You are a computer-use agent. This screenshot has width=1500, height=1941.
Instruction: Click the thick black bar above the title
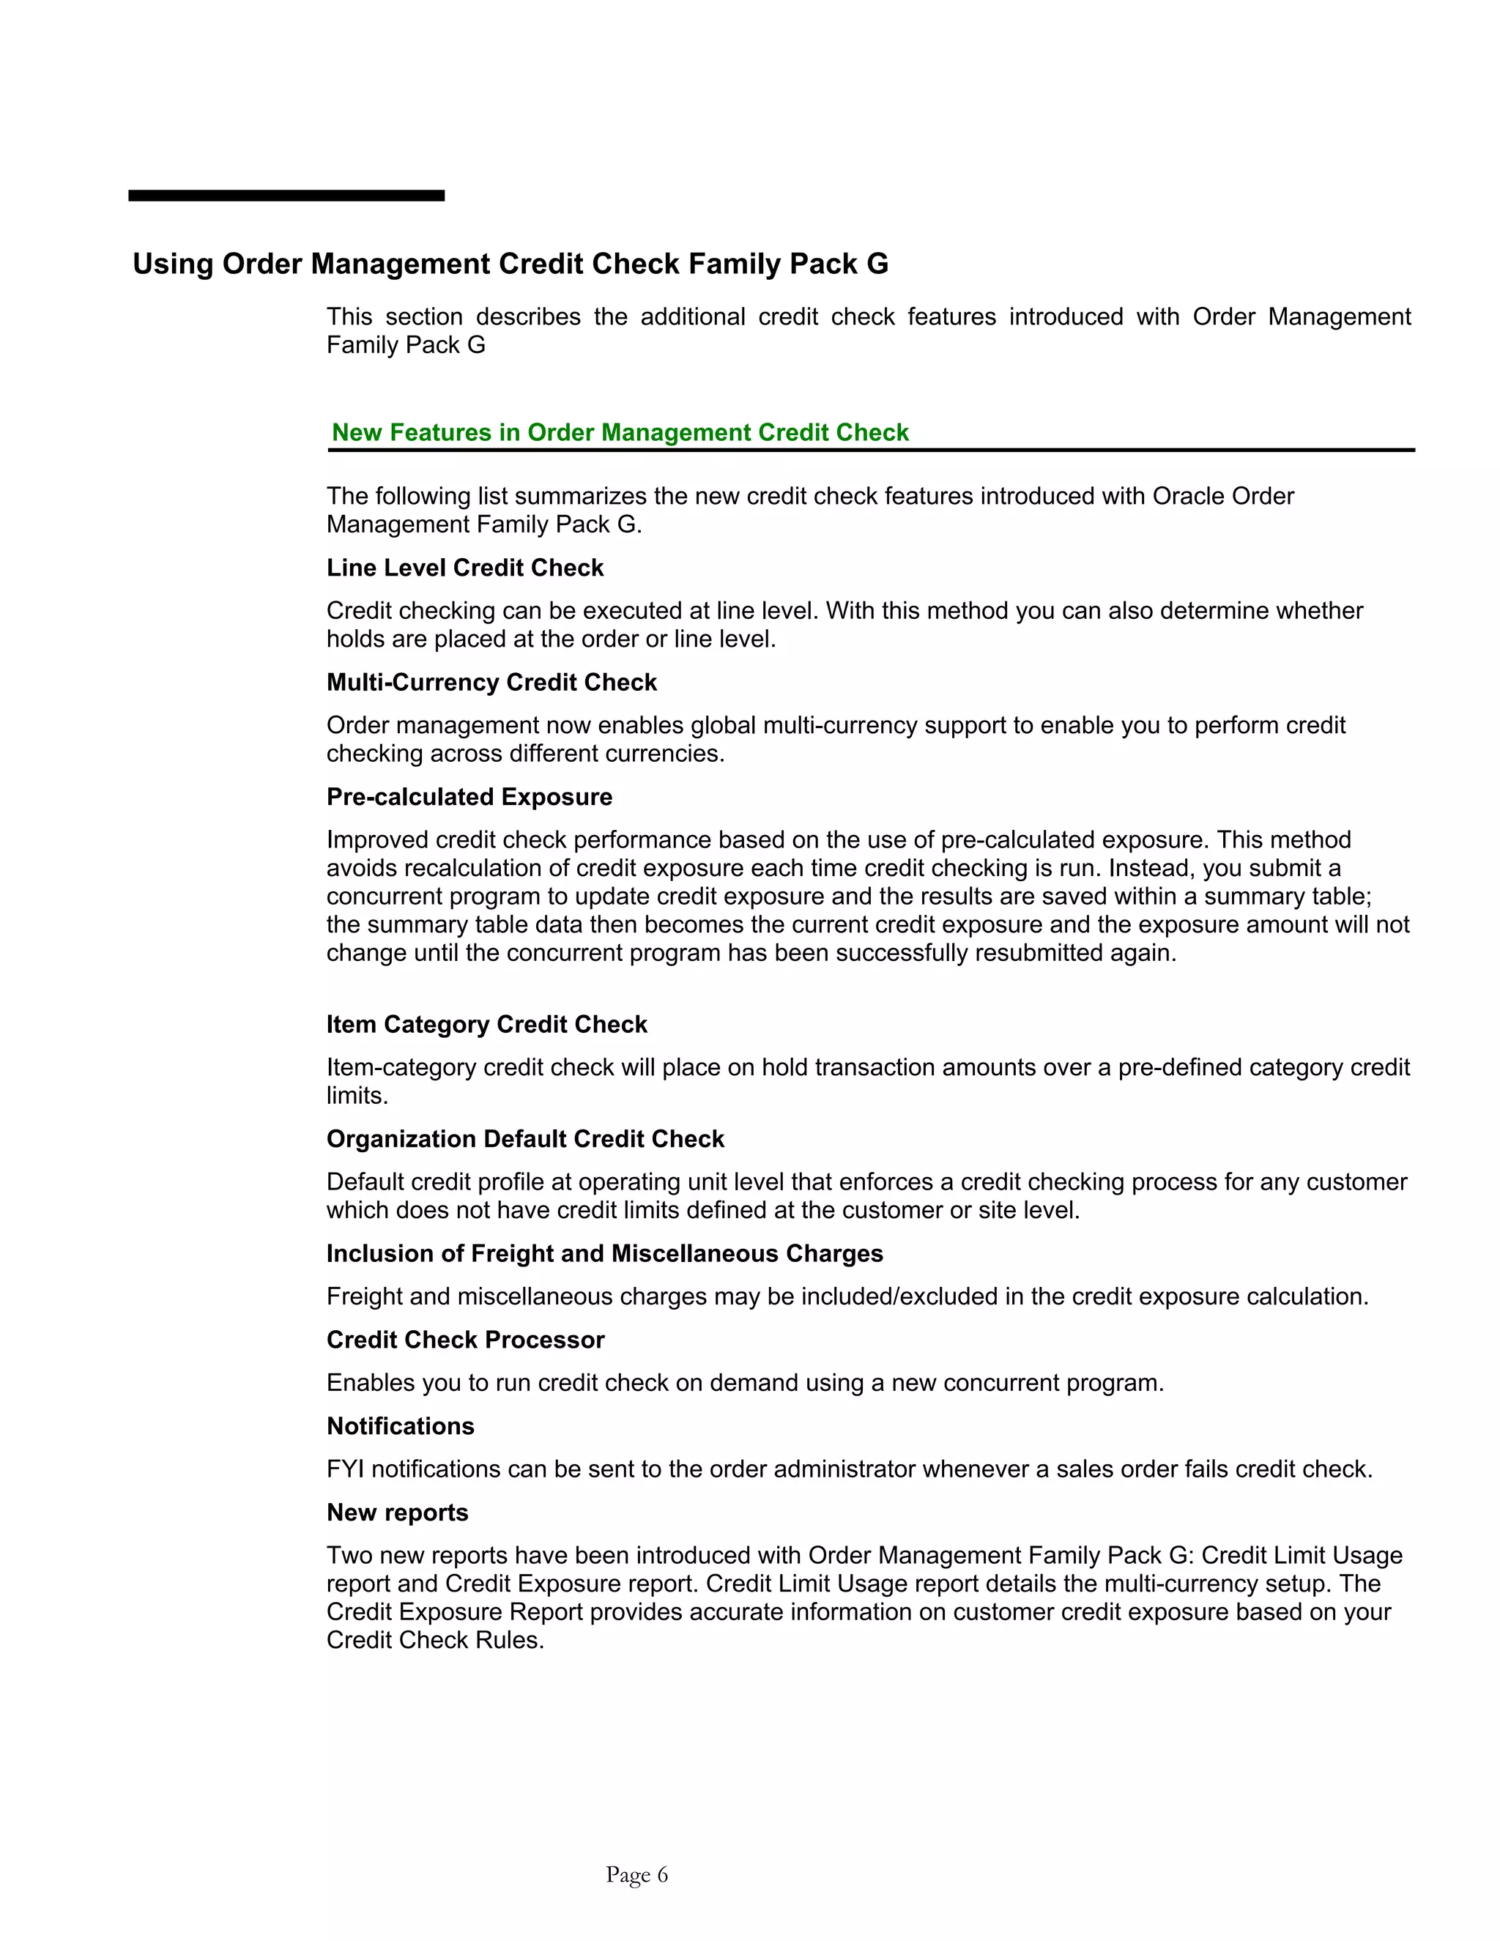286,196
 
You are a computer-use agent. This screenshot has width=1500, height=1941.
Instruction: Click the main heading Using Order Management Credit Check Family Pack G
510,264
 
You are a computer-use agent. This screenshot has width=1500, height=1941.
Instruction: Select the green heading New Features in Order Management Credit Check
620,433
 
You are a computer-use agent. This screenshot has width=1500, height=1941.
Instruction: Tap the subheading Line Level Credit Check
465,568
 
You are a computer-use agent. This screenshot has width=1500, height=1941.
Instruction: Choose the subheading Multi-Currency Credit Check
491,683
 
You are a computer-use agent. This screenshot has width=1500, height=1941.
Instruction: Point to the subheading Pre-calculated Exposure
469,797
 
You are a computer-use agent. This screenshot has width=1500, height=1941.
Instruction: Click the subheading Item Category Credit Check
486,1025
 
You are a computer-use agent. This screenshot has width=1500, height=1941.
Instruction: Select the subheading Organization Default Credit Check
525,1140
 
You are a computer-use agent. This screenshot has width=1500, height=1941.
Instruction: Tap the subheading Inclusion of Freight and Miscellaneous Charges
604,1254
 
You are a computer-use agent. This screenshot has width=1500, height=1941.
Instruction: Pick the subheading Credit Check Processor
465,1340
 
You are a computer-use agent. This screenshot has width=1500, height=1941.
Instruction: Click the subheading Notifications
400,1426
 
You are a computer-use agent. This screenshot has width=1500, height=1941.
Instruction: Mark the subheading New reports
397,1513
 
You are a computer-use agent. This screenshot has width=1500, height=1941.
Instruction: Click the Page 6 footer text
636,1875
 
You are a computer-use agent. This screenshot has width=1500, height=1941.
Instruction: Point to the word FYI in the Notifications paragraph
345,1470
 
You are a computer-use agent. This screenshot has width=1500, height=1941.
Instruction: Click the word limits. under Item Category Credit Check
357,1096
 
